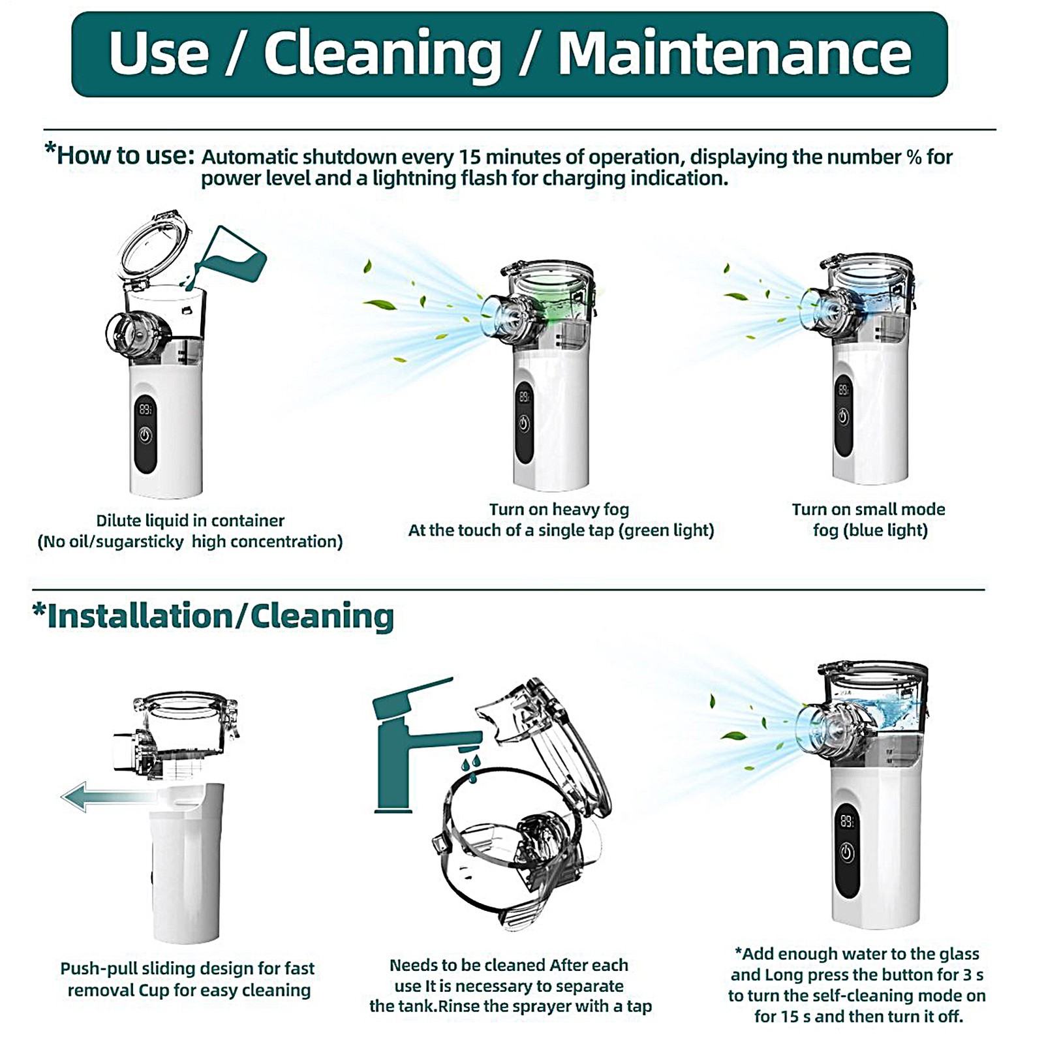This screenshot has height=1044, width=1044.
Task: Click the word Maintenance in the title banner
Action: click(734, 54)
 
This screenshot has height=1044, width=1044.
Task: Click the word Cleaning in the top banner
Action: click(382, 54)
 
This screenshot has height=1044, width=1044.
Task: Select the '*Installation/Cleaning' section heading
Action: click(213, 617)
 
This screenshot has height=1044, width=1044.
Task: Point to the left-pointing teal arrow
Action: click(104, 796)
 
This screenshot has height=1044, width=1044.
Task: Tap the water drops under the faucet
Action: click(471, 767)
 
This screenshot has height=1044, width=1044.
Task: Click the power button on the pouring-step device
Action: click(146, 435)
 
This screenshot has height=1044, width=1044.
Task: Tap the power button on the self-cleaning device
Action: click(846, 852)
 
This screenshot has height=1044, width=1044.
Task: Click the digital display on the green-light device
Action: click(524, 396)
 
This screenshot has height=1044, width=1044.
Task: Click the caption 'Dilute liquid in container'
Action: click(190, 521)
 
